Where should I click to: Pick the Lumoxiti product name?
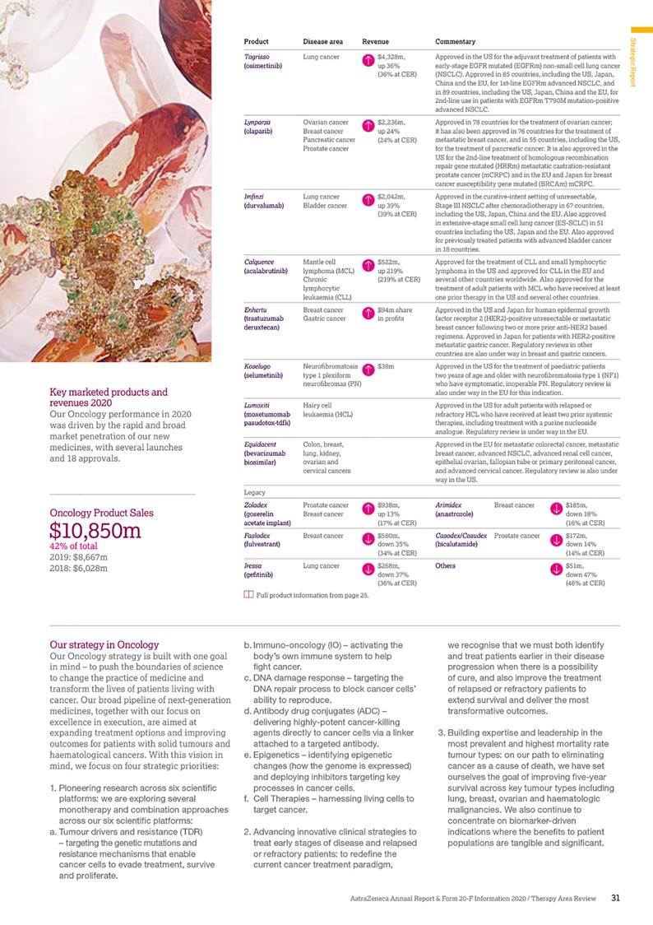point(257,406)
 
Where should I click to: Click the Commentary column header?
point(455,41)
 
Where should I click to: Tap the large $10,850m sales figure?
point(95,532)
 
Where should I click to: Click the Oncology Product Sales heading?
point(102,513)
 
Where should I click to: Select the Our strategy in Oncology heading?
point(104,645)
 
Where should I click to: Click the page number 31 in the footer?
point(615,898)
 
